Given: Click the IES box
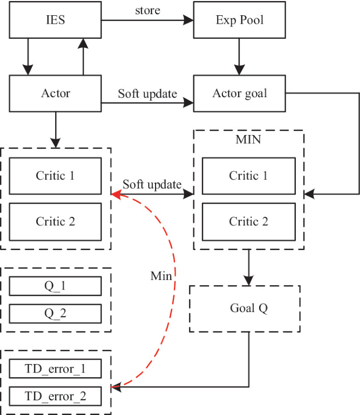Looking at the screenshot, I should [55, 20].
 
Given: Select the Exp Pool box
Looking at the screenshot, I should [240, 20].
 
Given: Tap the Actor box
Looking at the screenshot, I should [55, 94].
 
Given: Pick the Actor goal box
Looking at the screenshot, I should [240, 94].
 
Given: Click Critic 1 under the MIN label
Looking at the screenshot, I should [248, 176].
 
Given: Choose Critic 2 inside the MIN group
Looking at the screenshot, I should [248, 221].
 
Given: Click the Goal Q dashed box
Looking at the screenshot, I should [244, 309].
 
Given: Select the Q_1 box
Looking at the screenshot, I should [55, 286].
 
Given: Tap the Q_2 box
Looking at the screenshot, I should [55, 314].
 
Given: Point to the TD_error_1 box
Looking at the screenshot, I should [55, 369].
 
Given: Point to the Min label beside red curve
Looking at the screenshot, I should [161, 275].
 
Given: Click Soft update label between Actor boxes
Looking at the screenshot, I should [147, 94].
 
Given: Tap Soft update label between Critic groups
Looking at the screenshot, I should [152, 184].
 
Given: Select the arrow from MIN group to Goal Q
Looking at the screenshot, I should [249, 268].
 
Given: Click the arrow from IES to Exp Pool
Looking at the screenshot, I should [147, 20].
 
